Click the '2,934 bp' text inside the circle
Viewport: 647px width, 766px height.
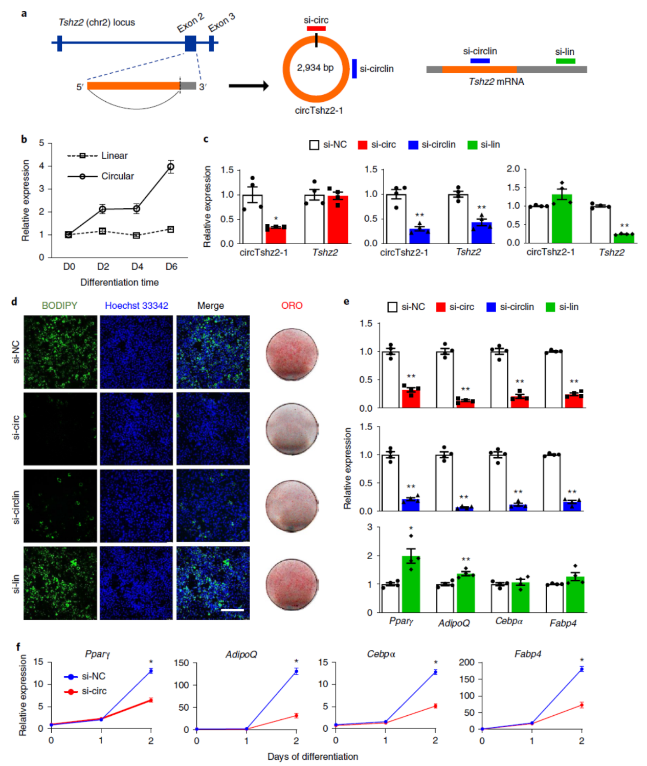(x=315, y=68)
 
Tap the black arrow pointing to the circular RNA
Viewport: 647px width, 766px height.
(x=249, y=86)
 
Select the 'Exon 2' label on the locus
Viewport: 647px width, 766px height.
(x=190, y=23)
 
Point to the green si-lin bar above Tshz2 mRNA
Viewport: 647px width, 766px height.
(x=565, y=61)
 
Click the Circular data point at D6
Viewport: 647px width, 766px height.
(x=171, y=166)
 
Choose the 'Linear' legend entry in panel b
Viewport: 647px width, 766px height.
(x=114, y=156)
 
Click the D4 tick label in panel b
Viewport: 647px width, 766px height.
(x=137, y=266)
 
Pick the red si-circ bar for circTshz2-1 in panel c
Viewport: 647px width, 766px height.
(x=276, y=235)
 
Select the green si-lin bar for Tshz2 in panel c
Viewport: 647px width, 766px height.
(x=623, y=238)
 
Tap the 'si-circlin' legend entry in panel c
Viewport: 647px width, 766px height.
(x=438, y=145)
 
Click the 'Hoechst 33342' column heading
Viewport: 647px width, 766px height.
(x=137, y=306)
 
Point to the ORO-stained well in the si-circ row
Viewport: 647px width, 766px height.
(x=292, y=429)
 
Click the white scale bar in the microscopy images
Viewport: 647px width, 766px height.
(x=232, y=610)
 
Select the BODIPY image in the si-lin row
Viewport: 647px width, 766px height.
(x=60, y=583)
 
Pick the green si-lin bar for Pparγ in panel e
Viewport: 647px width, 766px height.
(x=411, y=584)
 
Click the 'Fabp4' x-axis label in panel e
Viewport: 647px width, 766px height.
(x=563, y=623)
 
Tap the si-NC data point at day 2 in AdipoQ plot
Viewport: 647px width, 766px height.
(x=296, y=671)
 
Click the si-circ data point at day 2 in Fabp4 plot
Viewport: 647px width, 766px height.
(x=582, y=705)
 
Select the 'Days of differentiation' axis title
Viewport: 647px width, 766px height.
(x=313, y=756)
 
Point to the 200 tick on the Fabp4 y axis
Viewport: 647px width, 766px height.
(x=467, y=663)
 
